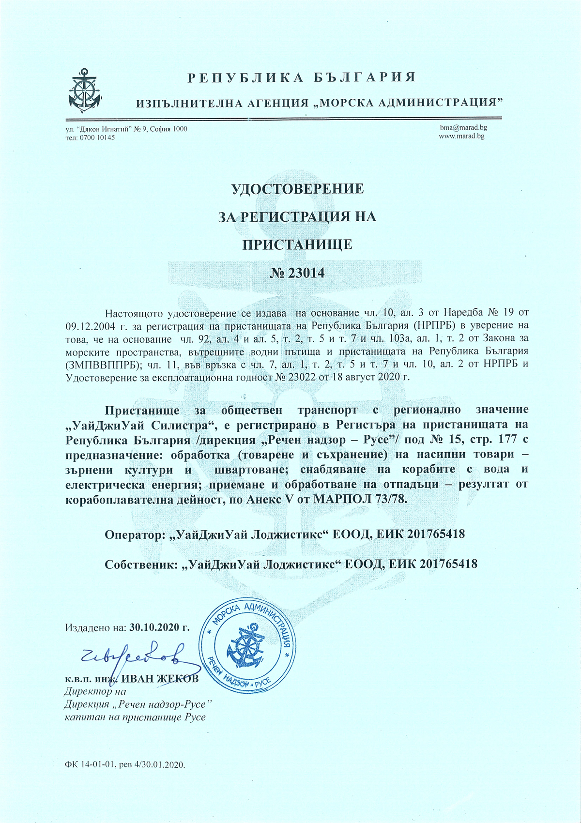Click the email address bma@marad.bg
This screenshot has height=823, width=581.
[463, 127]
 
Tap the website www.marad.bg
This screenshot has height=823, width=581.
[461, 136]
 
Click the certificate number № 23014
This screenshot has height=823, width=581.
[297, 273]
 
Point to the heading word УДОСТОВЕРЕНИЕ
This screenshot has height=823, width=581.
[297, 188]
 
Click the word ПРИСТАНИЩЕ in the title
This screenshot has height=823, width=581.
[297, 244]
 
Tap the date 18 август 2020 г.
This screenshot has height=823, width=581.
[372, 377]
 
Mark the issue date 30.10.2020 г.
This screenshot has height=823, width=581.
[159, 627]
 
